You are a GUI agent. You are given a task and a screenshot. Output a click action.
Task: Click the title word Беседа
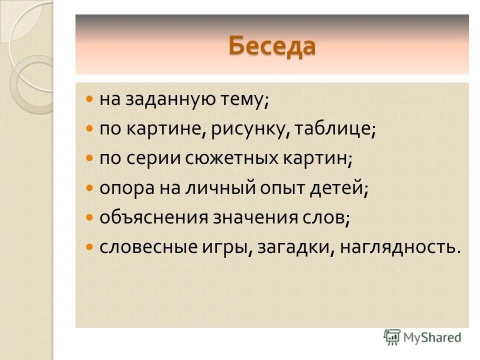[272, 46]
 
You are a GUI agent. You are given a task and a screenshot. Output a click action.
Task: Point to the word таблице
[334, 129]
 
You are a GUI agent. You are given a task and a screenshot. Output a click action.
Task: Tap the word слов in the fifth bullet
[325, 218]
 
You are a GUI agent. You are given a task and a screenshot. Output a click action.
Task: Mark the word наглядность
[399, 247]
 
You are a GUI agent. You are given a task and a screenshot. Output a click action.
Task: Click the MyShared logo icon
[392, 337]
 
